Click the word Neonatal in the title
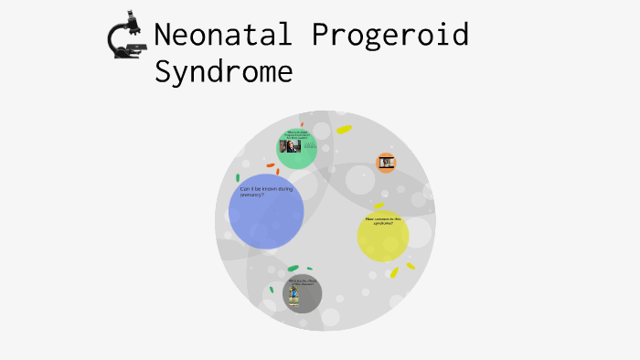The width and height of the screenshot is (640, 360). [x=225, y=35]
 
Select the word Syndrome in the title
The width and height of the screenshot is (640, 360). [x=224, y=71]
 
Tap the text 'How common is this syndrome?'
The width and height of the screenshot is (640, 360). [x=383, y=220]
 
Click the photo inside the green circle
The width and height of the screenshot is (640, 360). [x=289, y=147]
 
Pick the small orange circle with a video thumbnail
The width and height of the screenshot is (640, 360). [x=386, y=163]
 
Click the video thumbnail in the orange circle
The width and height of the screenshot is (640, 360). [x=386, y=163]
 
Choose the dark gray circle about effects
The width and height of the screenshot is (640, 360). [x=302, y=293]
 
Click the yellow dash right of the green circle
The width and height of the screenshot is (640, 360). [x=344, y=130]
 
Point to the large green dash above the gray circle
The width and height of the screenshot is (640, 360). [x=293, y=269]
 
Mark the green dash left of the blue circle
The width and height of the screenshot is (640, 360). [x=238, y=177]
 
